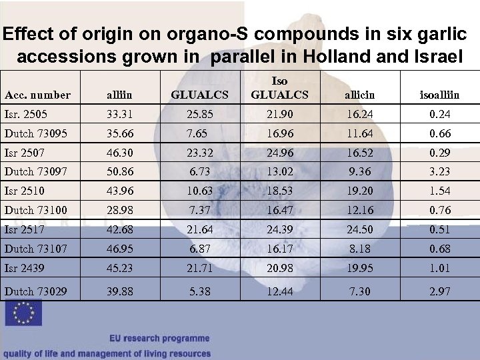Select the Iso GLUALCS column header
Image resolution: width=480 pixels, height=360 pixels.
pyautogui.click(x=279, y=88)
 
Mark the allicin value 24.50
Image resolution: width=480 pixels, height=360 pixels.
pyautogui.click(x=361, y=230)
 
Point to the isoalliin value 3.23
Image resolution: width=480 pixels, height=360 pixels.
pyautogui.click(x=439, y=171)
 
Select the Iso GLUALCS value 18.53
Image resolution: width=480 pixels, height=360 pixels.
pyautogui.click(x=279, y=191)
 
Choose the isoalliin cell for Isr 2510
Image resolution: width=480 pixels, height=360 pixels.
pyautogui.click(x=439, y=191)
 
